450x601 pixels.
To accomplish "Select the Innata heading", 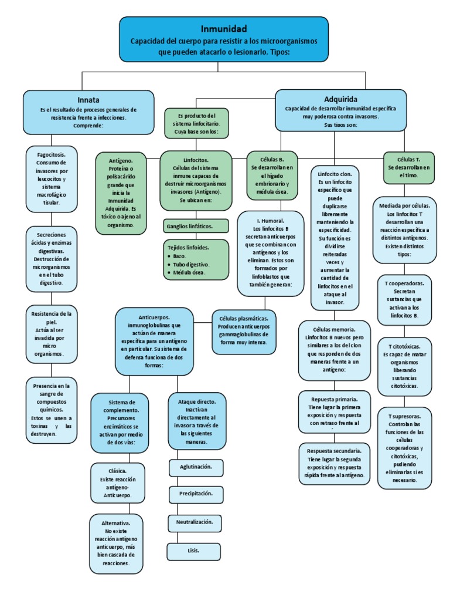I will click(x=88, y=100).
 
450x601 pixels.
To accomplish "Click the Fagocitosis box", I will click(x=51, y=178).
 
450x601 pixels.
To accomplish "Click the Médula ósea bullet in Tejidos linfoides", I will click(x=189, y=272).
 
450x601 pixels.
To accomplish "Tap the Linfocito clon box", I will click(x=335, y=238).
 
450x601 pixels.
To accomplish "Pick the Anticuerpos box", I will click(x=155, y=341).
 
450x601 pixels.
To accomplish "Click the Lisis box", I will click(x=193, y=551).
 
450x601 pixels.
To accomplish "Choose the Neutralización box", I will click(x=195, y=522).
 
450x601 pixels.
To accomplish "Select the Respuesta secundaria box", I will click(x=333, y=463).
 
